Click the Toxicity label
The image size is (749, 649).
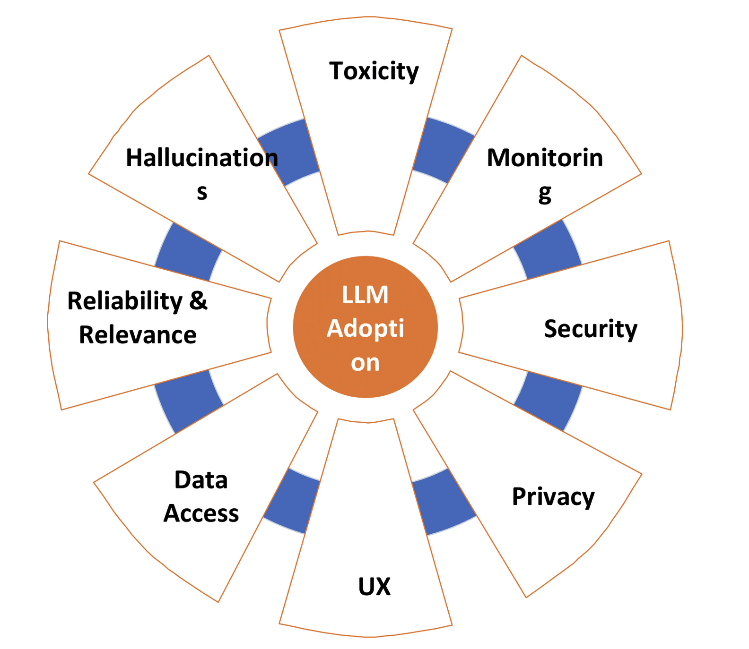coord(374,71)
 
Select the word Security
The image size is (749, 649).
coord(590,329)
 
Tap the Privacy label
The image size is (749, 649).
coord(553,497)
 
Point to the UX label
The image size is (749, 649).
coord(374,586)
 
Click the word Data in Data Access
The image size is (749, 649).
coord(201,480)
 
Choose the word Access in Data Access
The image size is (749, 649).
coord(201,513)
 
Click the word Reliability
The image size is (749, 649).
coord(125,301)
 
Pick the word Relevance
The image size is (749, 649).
coord(137,335)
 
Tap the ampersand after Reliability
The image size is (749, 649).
coord(198,301)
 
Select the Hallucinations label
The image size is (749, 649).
coord(202,158)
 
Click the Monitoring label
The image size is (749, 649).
coord(545,158)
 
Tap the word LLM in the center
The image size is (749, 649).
coord(365,295)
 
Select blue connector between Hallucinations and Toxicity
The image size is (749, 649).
coord(288,151)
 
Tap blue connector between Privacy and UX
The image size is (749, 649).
coord(443,502)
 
